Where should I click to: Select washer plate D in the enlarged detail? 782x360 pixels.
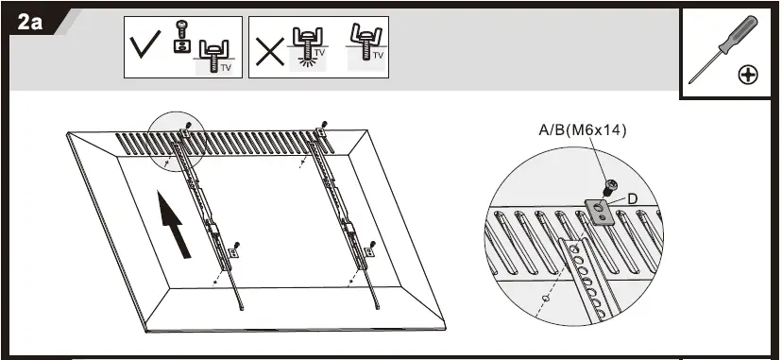coord(597,208)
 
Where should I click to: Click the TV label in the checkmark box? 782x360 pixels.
coord(226,68)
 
